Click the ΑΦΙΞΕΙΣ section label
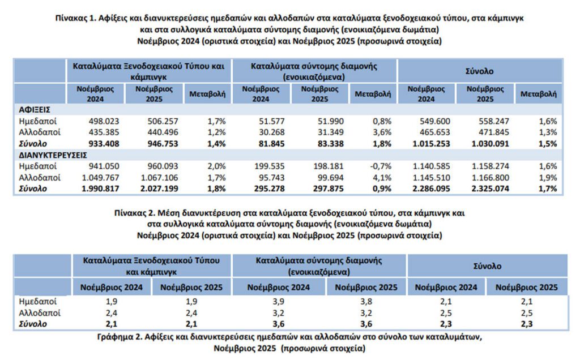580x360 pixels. click(36, 110)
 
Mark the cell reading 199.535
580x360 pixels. click(267, 166)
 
